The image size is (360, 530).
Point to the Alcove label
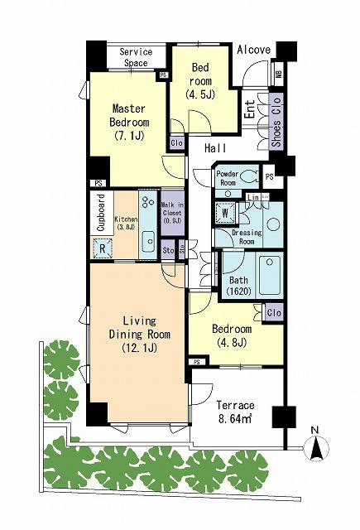(x=253, y=51)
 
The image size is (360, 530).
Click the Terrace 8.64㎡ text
(x=235, y=412)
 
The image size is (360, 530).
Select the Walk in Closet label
(x=171, y=213)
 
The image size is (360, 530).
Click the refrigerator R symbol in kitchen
(x=103, y=246)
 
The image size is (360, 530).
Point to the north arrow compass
(x=315, y=447)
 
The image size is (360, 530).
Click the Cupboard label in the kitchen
(x=100, y=213)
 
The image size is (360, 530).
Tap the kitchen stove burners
(x=147, y=203)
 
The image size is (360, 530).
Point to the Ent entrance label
(x=249, y=110)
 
